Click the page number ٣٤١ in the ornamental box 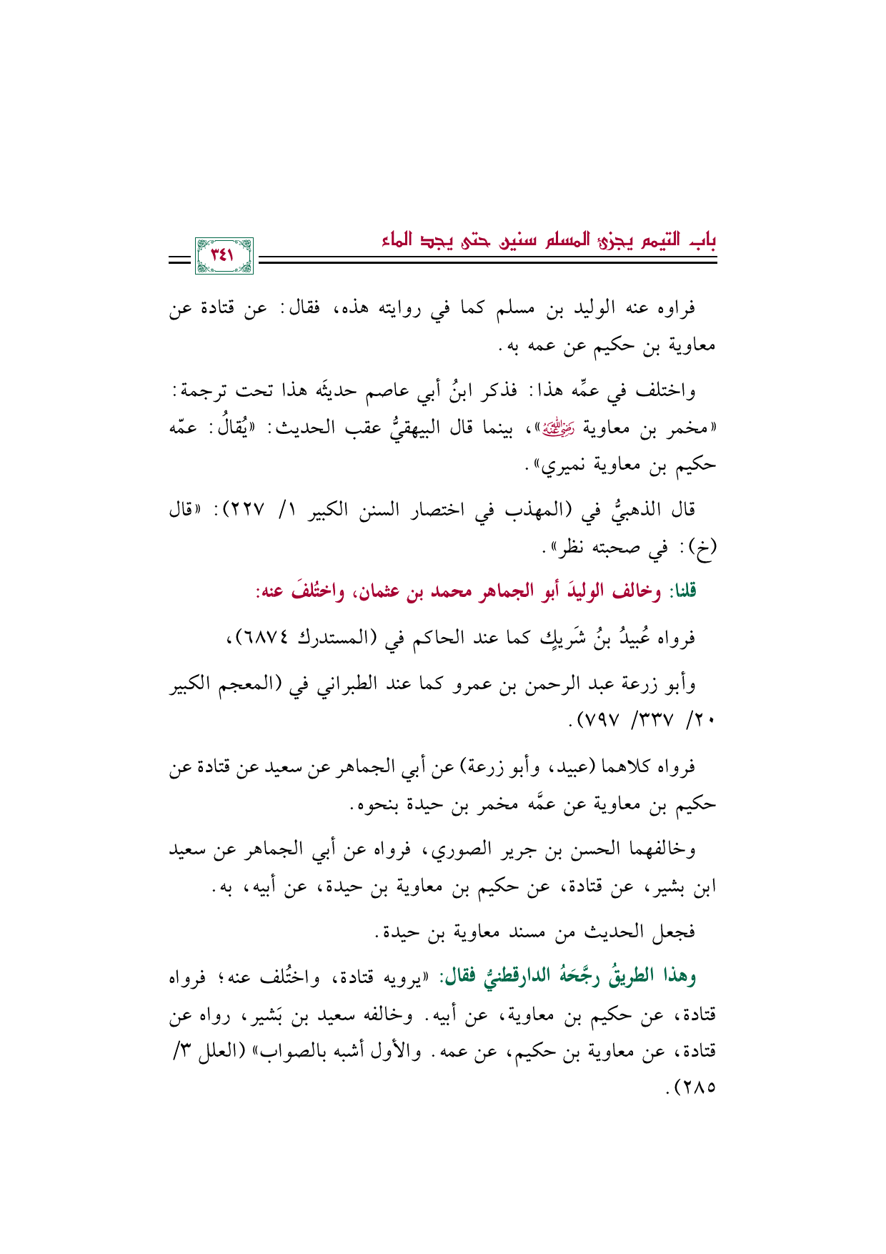tap(223, 256)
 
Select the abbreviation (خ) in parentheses tap(703, 548)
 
